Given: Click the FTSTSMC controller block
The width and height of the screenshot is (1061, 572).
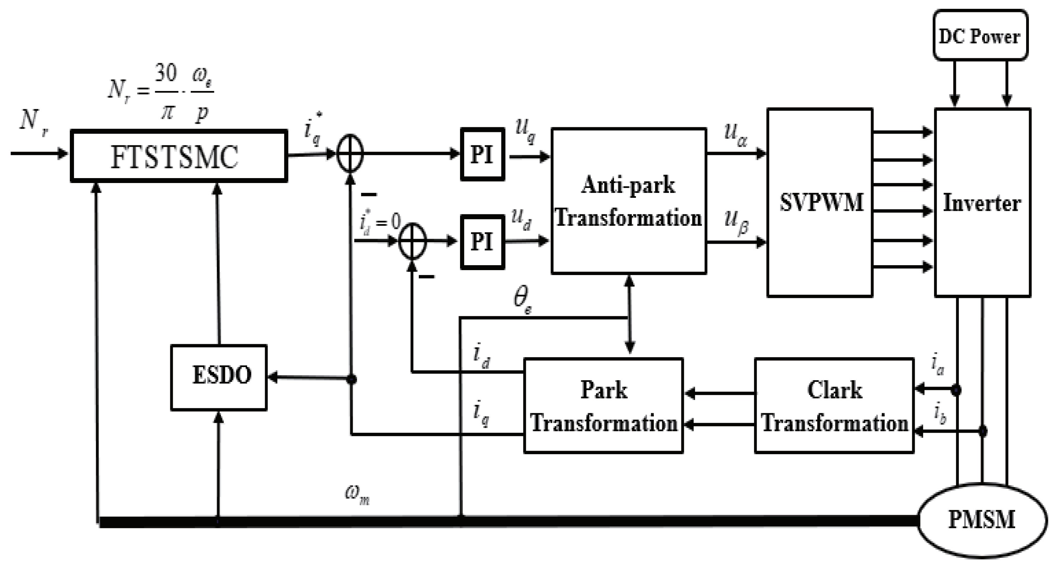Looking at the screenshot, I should tap(178, 156).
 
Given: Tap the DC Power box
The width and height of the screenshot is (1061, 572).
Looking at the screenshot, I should tap(980, 36).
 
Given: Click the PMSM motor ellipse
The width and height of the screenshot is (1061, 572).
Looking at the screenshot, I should tap(982, 520).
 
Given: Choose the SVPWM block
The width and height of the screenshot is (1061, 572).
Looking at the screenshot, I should tap(820, 202).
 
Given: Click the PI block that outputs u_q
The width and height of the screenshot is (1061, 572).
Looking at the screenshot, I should tap(482, 154).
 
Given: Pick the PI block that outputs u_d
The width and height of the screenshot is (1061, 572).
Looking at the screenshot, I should tap(482, 242).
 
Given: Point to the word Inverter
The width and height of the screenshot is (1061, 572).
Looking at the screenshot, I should tap(982, 203).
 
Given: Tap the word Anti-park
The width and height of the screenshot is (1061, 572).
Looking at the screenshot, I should tap(628, 185).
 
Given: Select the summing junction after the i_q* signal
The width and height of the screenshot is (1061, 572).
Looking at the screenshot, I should tap(350, 153).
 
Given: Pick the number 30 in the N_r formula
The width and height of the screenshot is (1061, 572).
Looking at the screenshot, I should tap(166, 73).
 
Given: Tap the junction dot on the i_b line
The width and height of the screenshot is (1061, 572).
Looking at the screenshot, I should tap(983, 432).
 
